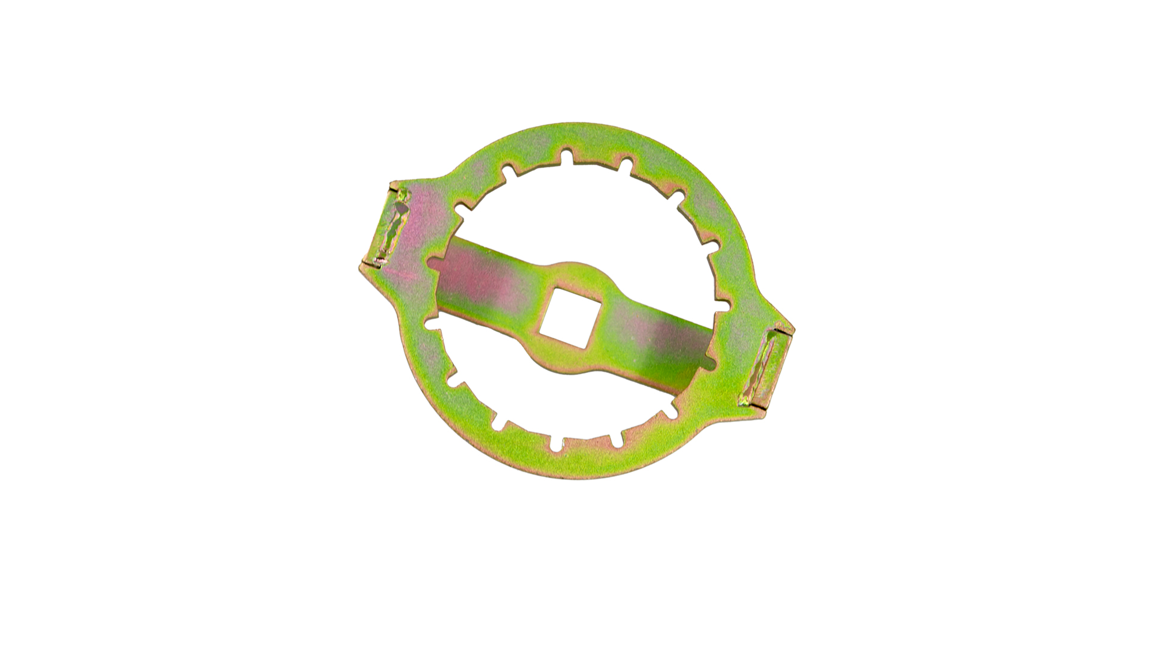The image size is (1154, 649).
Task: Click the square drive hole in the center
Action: coord(566,317)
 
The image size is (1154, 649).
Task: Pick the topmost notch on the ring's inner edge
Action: coord(566,157)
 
